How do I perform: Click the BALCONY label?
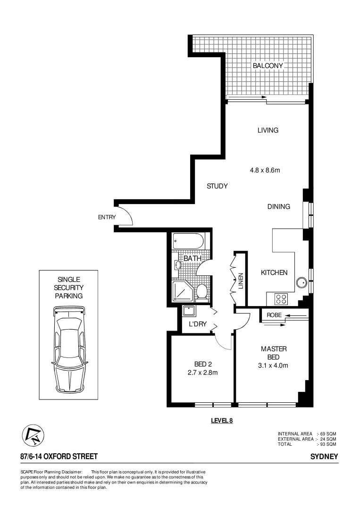[268, 66]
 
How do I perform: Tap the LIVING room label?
[268, 130]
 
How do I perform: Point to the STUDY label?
[217, 186]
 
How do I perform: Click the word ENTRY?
[107, 217]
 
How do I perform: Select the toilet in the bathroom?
[201, 291]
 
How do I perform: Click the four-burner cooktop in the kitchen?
[282, 298]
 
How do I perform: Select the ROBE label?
[274, 314]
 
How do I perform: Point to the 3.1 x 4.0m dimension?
[274, 365]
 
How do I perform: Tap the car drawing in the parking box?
[69, 349]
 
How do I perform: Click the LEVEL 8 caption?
[222, 421]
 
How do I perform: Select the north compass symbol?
[32, 435]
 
